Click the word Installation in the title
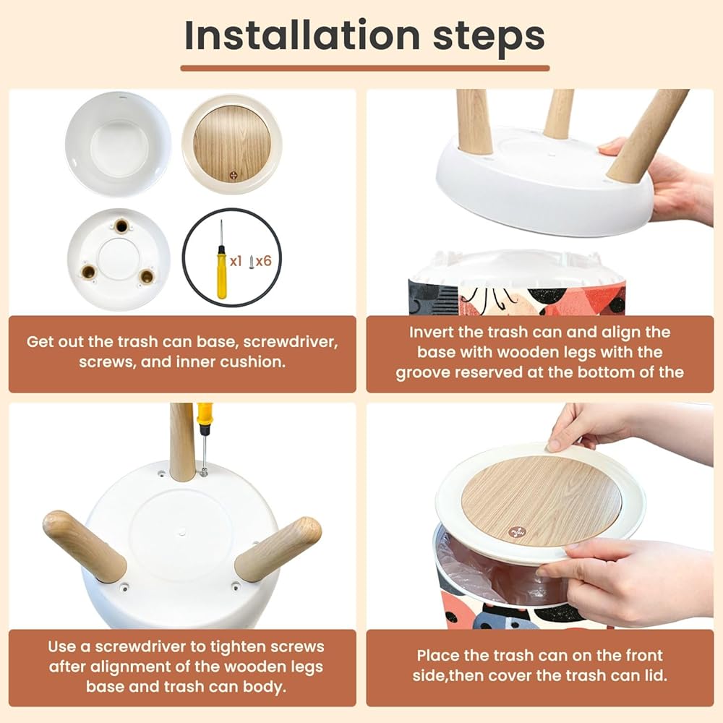pos(302,36)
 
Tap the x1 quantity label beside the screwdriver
pos(236,262)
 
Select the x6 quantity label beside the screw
pos(264,262)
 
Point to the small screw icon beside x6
pos(252,262)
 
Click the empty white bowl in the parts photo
pos(119,145)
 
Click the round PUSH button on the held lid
pos(516,531)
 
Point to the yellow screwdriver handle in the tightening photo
pos(205,414)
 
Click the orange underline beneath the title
pos(364,68)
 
